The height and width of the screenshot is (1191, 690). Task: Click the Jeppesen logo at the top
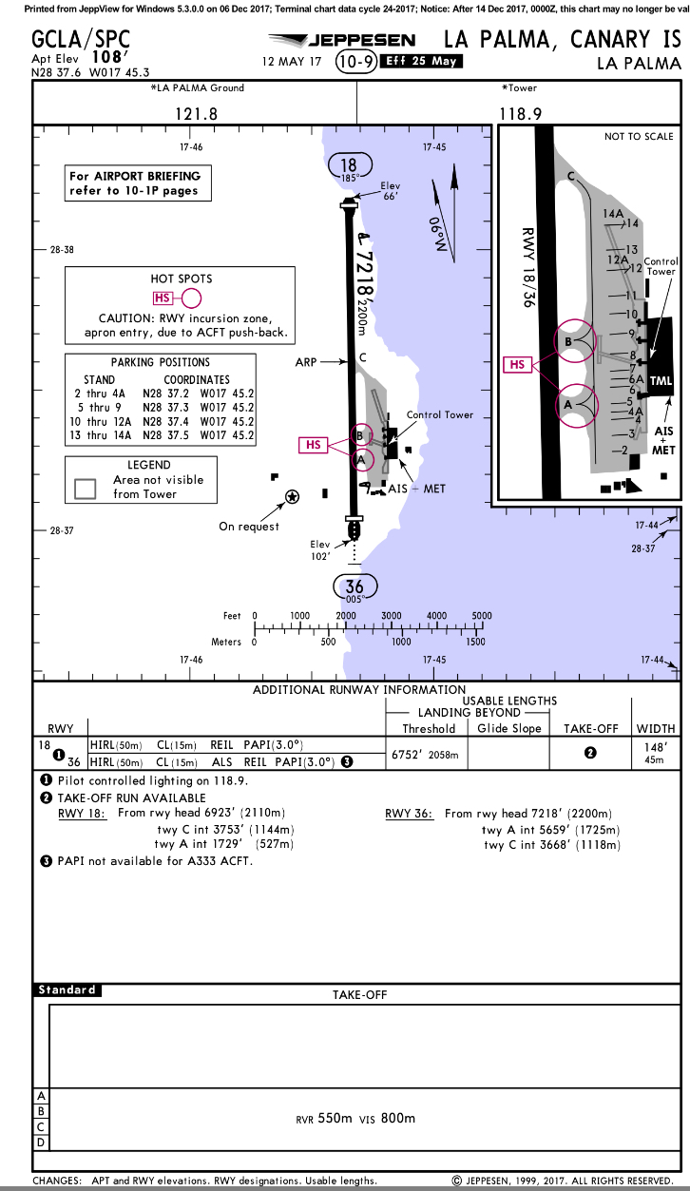pos(342,40)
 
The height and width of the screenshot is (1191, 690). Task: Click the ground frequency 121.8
pos(197,113)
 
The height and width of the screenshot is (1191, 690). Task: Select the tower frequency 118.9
pos(520,113)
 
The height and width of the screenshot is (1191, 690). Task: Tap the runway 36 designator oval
pos(354,588)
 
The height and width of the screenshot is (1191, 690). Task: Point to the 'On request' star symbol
pos(292,496)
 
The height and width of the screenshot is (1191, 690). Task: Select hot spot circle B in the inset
pos(575,340)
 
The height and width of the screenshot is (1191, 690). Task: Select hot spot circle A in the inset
pos(575,403)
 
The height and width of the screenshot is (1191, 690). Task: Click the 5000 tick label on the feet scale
pos(482,616)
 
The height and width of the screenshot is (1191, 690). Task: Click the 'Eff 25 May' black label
pos(419,62)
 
